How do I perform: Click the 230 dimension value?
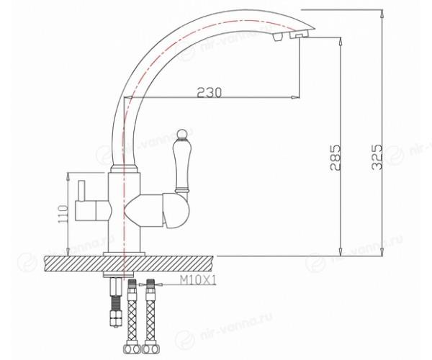click(209, 92)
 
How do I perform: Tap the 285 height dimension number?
click(335, 157)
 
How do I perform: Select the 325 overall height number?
click(377, 157)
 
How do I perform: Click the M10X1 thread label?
click(198, 280)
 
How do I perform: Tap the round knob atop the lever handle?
click(181, 134)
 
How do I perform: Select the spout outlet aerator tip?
click(299, 35)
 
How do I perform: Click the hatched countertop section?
click(128, 264)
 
